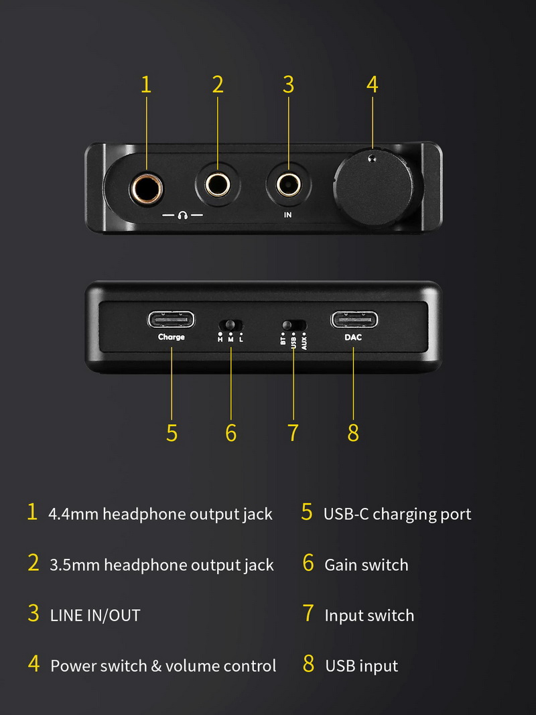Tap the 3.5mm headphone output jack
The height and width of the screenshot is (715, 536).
(x=218, y=184)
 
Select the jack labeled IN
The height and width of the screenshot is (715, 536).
(x=288, y=183)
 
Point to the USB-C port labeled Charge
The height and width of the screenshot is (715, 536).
(x=171, y=319)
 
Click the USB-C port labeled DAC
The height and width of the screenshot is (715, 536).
(x=354, y=320)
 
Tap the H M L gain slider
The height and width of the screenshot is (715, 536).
(x=230, y=326)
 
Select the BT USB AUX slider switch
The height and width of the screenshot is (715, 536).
(x=293, y=325)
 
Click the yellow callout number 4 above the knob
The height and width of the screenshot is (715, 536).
(x=373, y=84)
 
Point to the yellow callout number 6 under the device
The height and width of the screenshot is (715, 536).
(x=231, y=433)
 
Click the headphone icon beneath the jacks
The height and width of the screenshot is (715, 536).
(x=183, y=216)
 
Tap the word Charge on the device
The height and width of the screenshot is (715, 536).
(x=171, y=337)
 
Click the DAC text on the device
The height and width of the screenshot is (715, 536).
(x=353, y=337)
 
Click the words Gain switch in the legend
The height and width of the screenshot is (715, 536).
(x=366, y=565)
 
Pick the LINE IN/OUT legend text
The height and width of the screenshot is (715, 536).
(x=95, y=615)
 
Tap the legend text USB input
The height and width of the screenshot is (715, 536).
(x=361, y=666)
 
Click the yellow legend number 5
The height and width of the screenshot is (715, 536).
(x=307, y=513)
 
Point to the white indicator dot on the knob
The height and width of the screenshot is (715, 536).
(x=372, y=158)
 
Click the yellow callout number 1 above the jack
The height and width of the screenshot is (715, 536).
(x=146, y=84)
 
